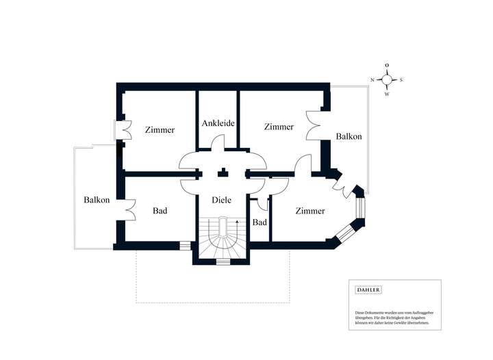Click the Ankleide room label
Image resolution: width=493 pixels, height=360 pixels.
(x=218, y=124)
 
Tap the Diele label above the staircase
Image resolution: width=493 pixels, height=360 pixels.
(x=221, y=201)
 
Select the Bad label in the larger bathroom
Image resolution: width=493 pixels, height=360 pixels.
(x=160, y=211)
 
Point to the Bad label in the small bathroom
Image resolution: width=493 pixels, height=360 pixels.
(x=260, y=223)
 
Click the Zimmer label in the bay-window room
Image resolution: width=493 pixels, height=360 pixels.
(x=310, y=211)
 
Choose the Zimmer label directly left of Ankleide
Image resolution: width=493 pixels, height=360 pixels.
(x=160, y=130)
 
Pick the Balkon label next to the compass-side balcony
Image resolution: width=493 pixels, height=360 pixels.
(x=349, y=137)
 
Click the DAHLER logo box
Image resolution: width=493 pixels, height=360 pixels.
(x=368, y=290)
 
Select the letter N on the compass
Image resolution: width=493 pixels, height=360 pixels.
(x=372, y=80)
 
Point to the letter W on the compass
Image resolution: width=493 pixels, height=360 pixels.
(x=387, y=94)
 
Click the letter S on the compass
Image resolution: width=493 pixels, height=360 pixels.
(x=401, y=80)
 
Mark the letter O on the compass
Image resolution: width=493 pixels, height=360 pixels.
(x=387, y=65)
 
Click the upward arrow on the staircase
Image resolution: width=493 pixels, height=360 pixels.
(x=236, y=224)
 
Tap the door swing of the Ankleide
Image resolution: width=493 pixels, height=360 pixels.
(x=218, y=144)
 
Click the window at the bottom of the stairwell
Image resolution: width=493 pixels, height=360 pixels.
(x=223, y=261)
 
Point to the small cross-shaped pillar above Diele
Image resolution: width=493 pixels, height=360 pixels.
(x=223, y=173)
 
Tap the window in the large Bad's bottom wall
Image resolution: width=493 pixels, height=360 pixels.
(x=185, y=245)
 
